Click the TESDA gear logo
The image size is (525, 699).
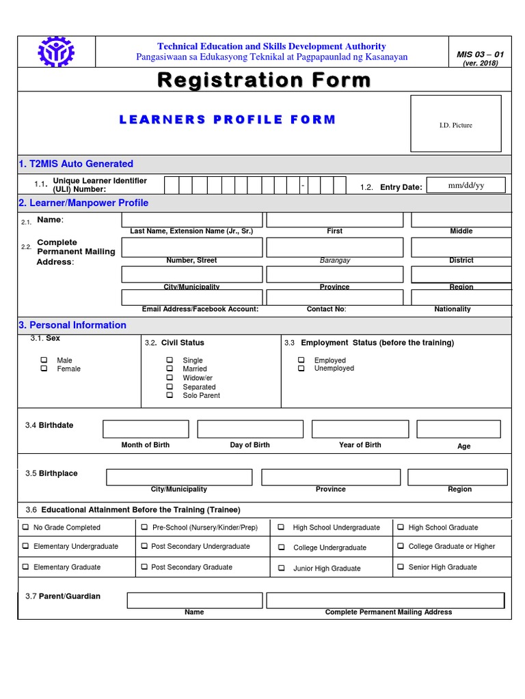click(x=57, y=53)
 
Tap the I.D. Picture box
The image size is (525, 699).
click(x=455, y=124)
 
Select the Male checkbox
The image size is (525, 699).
click(x=44, y=360)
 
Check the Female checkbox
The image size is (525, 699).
click(x=44, y=369)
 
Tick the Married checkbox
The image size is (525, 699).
click(x=170, y=369)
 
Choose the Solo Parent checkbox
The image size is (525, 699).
click(x=170, y=395)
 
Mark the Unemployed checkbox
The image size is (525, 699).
click(x=301, y=369)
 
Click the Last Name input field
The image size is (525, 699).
click(x=191, y=220)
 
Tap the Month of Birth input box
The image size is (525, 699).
click(x=146, y=429)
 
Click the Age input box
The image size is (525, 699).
click(x=458, y=429)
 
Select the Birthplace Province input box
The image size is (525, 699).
click(x=331, y=477)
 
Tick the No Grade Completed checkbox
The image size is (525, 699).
click(x=25, y=527)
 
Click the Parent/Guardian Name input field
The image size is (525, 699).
click(x=194, y=600)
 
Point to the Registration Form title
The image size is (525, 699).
click(x=264, y=81)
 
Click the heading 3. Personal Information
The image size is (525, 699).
click(x=72, y=325)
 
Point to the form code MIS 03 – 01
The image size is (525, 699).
click(x=480, y=54)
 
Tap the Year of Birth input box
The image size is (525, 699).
click(x=360, y=429)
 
